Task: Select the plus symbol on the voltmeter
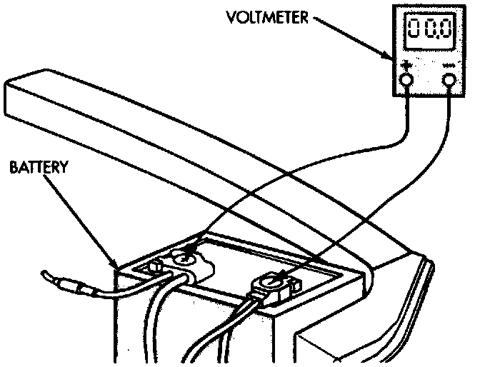coord(406,66)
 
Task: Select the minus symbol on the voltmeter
coord(449,67)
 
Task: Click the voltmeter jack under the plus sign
coord(406,81)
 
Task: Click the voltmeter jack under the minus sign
coord(449,81)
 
